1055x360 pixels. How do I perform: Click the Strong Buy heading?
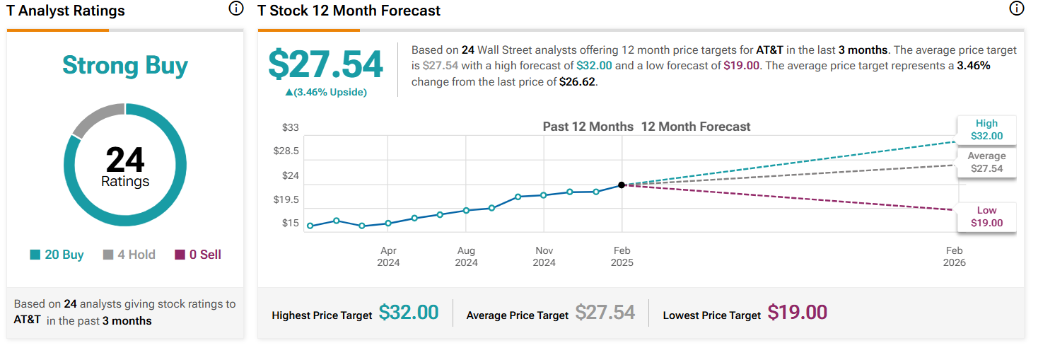coord(125,66)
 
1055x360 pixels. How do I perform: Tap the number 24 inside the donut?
coord(125,160)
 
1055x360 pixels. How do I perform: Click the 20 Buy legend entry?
coord(57,255)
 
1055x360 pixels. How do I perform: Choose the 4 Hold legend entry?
coord(129,255)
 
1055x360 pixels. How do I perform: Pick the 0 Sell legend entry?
coord(198,255)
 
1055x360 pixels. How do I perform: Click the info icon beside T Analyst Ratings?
coord(235,9)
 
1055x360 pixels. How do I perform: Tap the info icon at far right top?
coord(1017,9)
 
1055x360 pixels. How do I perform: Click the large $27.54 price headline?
coord(325,65)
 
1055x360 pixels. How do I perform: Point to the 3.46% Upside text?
coord(326,93)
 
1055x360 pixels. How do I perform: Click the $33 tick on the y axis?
coord(290,127)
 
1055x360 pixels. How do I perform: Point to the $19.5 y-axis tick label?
coord(286,199)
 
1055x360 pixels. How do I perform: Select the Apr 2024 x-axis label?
coord(388,257)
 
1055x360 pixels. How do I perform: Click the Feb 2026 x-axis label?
coord(954,257)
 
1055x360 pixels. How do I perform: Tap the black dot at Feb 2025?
coord(622,185)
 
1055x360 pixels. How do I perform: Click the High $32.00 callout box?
coord(986,130)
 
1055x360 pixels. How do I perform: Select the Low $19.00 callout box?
coord(986,216)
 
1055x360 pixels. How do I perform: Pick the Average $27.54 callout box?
coord(986,163)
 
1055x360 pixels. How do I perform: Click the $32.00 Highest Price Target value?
coord(409,313)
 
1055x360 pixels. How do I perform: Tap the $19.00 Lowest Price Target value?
coord(797,313)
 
